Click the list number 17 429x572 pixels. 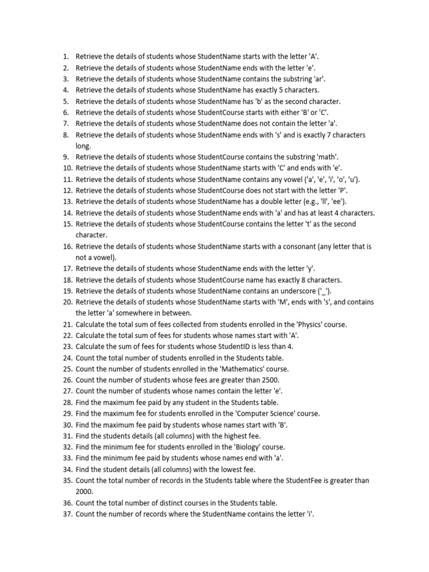[x=66, y=269]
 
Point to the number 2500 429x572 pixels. [x=265, y=380]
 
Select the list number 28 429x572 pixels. [x=66, y=403]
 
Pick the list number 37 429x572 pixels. [x=66, y=514]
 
